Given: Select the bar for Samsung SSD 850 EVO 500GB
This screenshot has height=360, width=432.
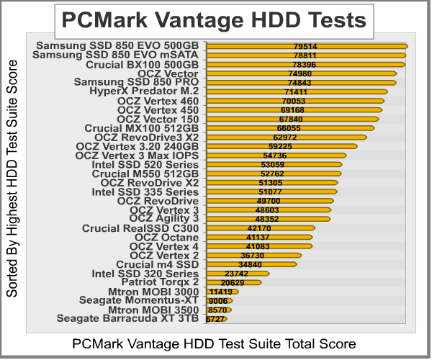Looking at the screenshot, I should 307,46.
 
